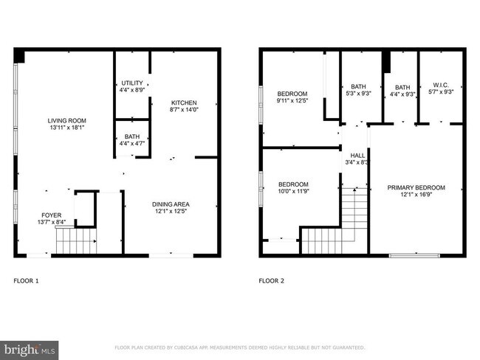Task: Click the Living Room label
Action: click(x=67, y=121)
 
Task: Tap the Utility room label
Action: click(x=132, y=83)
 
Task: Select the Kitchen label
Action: click(x=184, y=103)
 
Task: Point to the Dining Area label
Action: click(x=171, y=204)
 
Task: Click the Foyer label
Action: click(x=51, y=215)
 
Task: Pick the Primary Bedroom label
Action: click(x=416, y=188)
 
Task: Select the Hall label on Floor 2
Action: click(x=357, y=156)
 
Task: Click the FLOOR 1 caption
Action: click(x=27, y=280)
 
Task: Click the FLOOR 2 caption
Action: click(x=271, y=280)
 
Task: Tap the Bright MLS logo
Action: click(x=30, y=347)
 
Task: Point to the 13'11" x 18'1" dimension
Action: click(x=67, y=128)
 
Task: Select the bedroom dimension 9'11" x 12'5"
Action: click(x=292, y=101)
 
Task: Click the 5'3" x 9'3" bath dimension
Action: click(x=358, y=92)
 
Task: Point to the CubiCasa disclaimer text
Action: click(x=239, y=347)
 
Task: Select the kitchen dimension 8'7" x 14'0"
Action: click(x=184, y=110)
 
